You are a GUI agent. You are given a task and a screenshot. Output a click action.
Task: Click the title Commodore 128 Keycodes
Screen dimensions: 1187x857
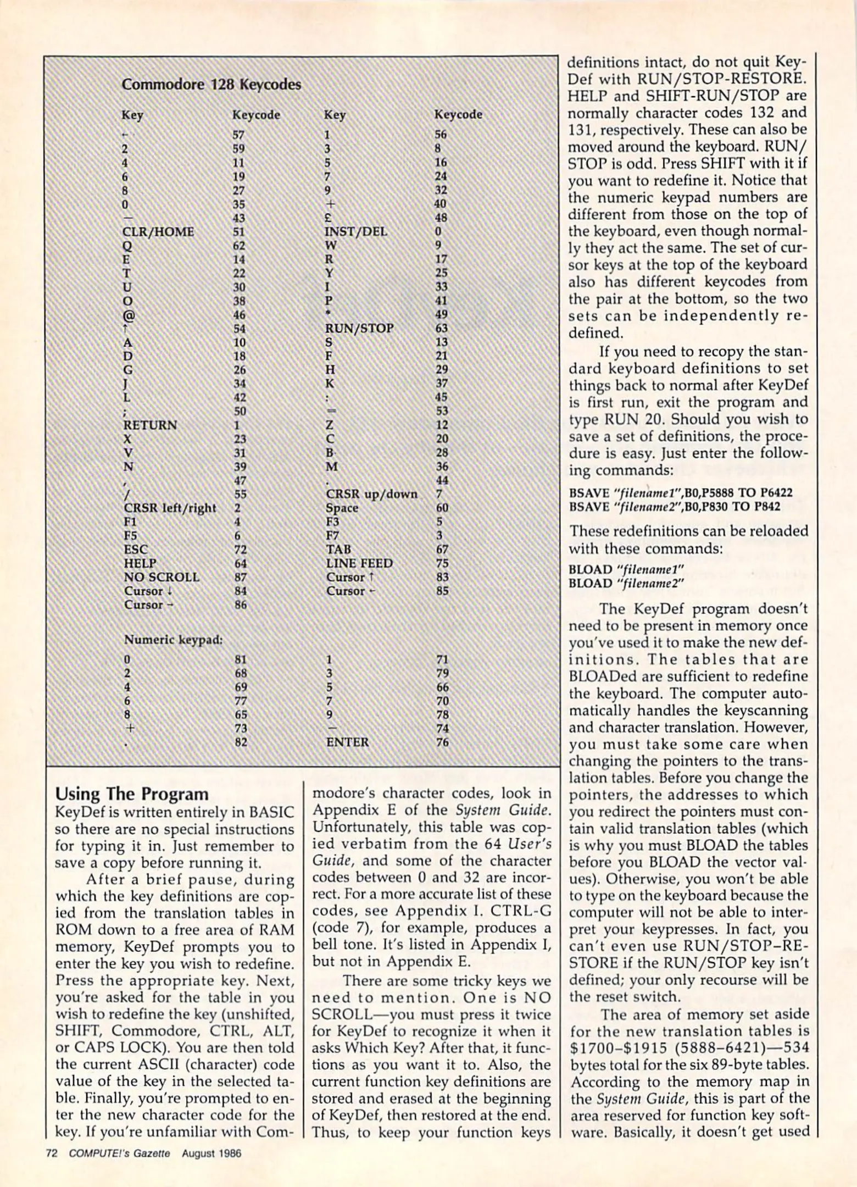click(211, 85)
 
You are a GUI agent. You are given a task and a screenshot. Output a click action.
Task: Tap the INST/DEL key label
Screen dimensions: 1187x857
click(355, 231)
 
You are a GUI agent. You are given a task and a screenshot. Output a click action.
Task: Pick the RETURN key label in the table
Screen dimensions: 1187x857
click(150, 425)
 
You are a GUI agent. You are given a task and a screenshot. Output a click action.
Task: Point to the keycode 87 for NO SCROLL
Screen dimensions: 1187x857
click(240, 577)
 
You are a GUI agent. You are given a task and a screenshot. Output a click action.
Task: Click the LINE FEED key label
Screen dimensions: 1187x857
click(359, 563)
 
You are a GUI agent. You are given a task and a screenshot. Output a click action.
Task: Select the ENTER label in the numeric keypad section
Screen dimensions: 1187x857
click(347, 742)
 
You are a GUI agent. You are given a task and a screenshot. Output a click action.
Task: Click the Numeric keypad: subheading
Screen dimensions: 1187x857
click(173, 640)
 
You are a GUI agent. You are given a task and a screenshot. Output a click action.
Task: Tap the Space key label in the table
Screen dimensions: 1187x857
click(342, 508)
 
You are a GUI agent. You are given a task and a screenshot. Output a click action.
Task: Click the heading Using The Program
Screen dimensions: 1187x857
click(132, 794)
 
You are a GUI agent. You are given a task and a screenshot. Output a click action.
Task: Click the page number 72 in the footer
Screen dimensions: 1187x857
click(51, 1153)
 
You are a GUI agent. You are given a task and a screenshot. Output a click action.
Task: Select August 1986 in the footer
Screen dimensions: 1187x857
click(212, 1153)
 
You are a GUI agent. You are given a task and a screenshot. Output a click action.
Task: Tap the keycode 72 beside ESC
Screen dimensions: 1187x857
click(240, 550)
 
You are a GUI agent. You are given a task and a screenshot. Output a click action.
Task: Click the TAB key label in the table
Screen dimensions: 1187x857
click(338, 550)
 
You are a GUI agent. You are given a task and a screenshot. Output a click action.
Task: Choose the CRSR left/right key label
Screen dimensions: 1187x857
click(170, 508)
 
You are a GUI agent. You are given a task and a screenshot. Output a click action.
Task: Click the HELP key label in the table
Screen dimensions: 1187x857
click(140, 563)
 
